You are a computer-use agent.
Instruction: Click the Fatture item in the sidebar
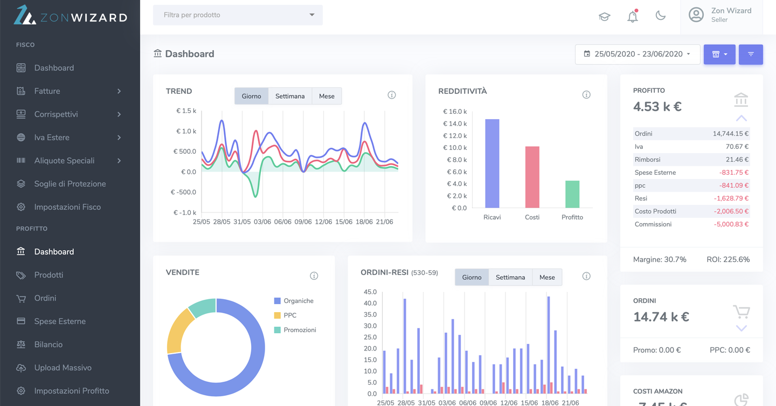47,91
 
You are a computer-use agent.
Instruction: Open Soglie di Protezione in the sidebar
70,184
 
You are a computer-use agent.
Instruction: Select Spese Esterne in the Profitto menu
60,321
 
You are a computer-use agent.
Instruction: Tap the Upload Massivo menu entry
63,368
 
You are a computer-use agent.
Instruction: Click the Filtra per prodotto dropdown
238,15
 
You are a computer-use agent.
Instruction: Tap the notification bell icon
632,16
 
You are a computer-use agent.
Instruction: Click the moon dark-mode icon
660,16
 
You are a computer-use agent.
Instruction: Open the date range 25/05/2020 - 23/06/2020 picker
637,54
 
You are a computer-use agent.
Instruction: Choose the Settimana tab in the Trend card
290,96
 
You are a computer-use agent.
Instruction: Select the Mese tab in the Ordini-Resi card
546,277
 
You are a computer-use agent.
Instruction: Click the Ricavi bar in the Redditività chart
492,163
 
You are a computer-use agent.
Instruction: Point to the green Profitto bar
572,194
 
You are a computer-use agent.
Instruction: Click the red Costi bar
532,177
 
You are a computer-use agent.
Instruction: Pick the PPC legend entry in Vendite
289,315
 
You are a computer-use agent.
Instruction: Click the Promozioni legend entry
300,330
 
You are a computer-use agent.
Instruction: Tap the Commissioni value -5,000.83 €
731,224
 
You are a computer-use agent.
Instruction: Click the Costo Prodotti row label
655,211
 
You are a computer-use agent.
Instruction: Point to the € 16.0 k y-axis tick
455,112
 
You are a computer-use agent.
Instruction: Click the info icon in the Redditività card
586,95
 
